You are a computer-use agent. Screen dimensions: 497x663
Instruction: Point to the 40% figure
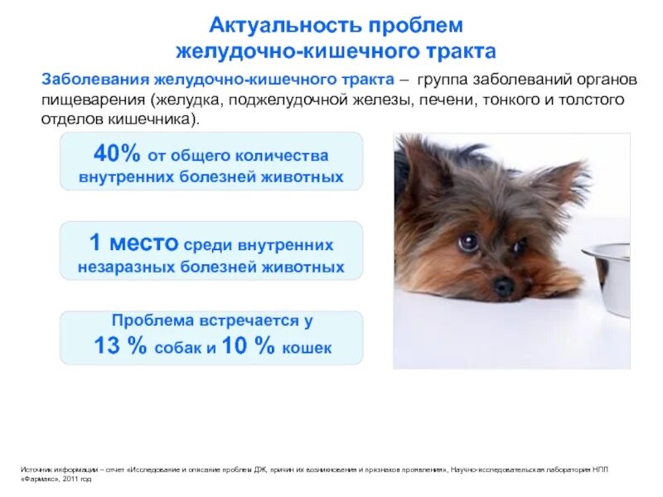(x=114, y=153)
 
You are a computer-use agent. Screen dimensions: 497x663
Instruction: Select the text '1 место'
(x=133, y=244)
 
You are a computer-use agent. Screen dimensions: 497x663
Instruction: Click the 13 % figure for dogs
(x=120, y=347)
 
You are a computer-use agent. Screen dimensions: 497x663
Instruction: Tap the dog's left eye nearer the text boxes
(x=468, y=243)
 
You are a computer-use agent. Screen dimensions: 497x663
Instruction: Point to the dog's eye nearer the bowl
(x=519, y=246)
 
